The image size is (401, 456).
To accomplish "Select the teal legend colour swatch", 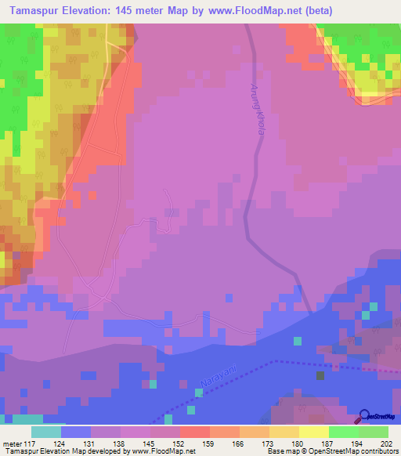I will coord(46,432).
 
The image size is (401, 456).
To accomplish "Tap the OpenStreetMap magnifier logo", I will coord(366,417).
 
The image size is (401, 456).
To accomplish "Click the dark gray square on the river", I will coord(320,375).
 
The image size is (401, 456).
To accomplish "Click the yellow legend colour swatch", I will coord(314,432).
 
